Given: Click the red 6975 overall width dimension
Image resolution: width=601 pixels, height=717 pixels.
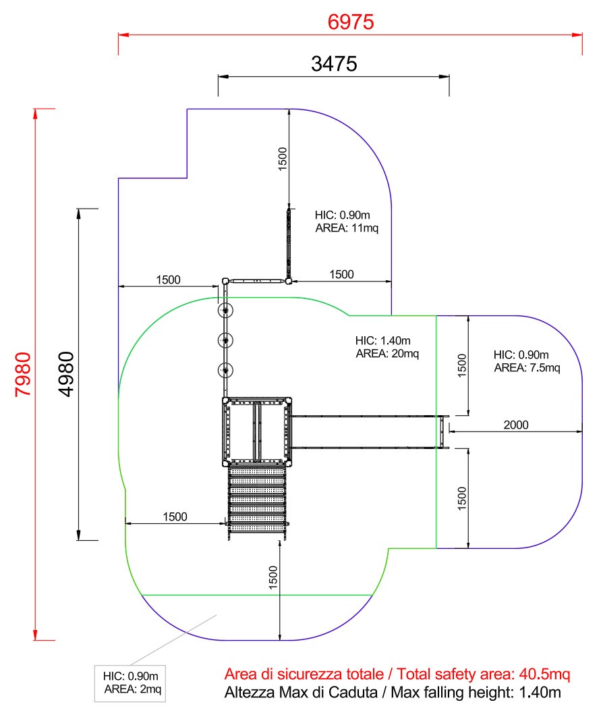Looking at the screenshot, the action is tap(351, 22).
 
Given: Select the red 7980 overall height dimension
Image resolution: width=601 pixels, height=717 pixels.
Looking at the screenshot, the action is tap(24, 374).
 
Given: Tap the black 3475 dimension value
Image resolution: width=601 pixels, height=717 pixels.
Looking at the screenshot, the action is tap(334, 63).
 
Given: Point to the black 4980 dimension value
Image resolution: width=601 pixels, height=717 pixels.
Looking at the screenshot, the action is tap(66, 374).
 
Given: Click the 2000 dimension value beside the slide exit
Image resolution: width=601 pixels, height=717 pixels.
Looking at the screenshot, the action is tap(516, 425).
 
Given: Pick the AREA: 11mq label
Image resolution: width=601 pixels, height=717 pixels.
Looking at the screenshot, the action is tap(347, 228).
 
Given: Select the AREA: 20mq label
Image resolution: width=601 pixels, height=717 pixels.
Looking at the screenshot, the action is tap(387, 354).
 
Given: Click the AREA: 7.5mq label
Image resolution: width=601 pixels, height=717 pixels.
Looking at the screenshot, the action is tap(527, 368).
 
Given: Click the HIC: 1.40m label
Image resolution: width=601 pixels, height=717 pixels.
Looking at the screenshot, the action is tap(382, 341).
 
